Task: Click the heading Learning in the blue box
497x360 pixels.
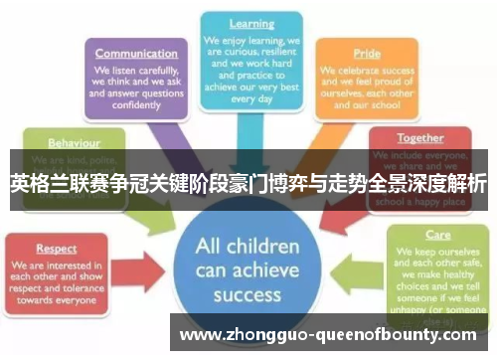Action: [x=251, y=23]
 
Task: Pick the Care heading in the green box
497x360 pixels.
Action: [x=438, y=238]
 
